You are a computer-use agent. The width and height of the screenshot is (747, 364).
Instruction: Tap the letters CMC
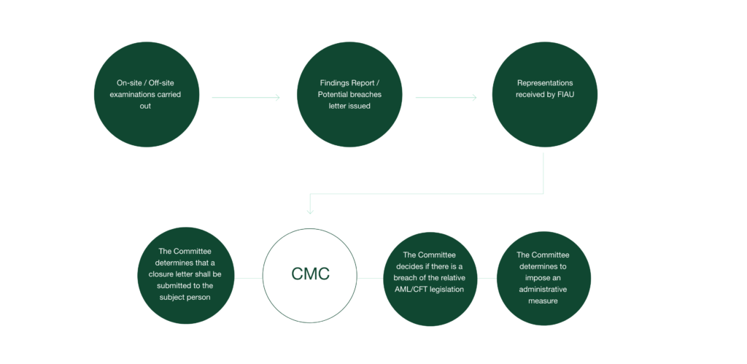point(311,274)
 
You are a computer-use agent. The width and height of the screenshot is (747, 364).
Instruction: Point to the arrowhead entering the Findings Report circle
point(278,96)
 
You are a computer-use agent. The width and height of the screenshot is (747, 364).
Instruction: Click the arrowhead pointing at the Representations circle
point(475,96)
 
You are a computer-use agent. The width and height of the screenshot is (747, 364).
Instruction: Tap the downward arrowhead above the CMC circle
point(310,211)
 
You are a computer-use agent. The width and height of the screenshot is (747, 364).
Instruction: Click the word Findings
point(318,82)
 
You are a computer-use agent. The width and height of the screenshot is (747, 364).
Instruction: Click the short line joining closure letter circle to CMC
point(248,278)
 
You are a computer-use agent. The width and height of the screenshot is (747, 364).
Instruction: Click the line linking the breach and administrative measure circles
point(490,278)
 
